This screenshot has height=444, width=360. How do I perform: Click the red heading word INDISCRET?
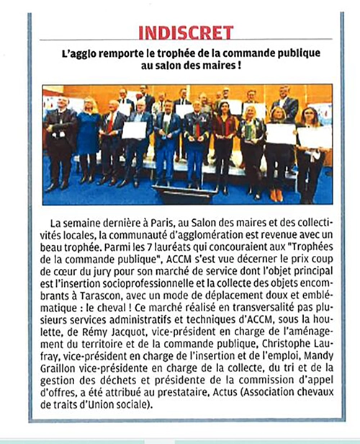[186, 32]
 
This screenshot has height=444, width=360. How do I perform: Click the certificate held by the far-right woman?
[315, 136]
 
